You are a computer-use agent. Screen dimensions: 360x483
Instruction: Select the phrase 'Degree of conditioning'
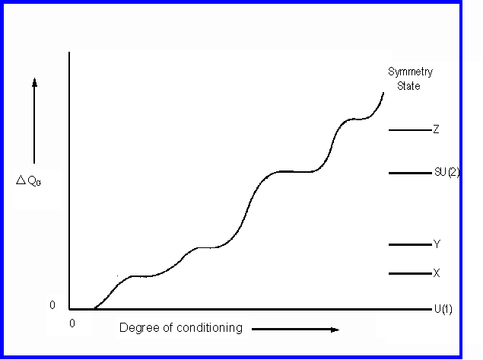181,328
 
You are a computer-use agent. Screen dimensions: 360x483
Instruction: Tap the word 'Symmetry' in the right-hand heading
410,72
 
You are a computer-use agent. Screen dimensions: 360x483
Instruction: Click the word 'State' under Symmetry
408,85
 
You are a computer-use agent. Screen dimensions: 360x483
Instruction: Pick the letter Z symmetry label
436,130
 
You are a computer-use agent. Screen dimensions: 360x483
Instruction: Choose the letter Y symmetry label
437,244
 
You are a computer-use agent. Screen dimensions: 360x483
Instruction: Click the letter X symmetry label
436,273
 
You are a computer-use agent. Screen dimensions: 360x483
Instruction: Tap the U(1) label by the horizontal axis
443,309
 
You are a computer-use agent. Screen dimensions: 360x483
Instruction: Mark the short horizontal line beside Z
409,130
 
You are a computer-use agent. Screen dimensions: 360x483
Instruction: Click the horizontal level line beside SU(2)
409,173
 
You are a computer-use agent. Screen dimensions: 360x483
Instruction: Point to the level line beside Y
409,244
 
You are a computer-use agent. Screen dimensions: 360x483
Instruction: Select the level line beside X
409,273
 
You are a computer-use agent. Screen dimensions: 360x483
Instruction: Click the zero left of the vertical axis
52,306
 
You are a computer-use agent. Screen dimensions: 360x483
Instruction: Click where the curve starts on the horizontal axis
94,309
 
